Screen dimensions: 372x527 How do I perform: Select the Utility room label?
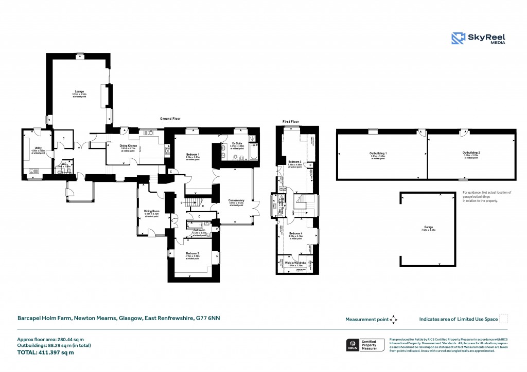[x=38, y=148]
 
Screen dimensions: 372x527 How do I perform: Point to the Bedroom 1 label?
[x=192, y=155]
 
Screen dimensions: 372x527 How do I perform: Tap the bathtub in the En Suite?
[x=256, y=153]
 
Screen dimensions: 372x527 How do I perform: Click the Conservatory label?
[x=236, y=200]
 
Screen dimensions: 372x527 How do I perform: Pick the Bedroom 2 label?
[x=192, y=253]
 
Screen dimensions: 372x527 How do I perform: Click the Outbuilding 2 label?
[x=471, y=153]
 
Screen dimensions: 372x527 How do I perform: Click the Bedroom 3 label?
[x=295, y=162]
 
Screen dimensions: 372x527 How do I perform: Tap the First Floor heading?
[x=291, y=122]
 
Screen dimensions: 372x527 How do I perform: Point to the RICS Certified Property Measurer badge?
[x=364, y=345]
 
